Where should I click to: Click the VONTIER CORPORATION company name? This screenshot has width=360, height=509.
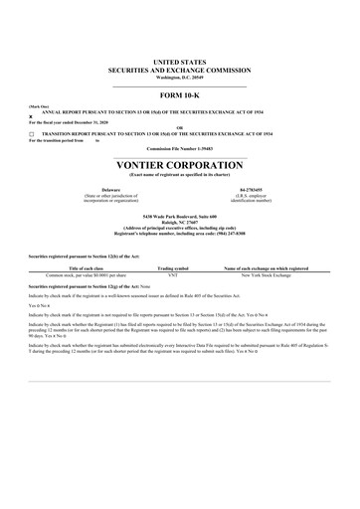point(180,165)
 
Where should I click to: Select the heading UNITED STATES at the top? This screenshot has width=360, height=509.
point(180,62)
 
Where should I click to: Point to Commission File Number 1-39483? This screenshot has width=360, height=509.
point(180,150)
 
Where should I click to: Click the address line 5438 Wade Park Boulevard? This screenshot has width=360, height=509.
point(180,214)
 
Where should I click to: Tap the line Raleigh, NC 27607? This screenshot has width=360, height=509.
point(180,220)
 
